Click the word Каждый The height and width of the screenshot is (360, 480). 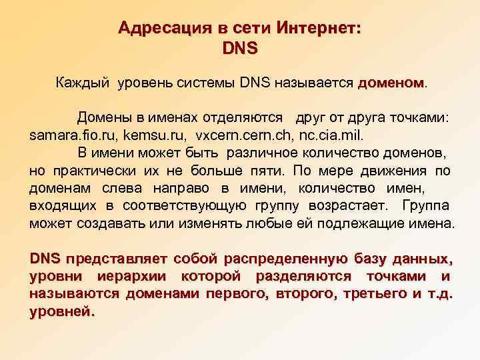(83, 83)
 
